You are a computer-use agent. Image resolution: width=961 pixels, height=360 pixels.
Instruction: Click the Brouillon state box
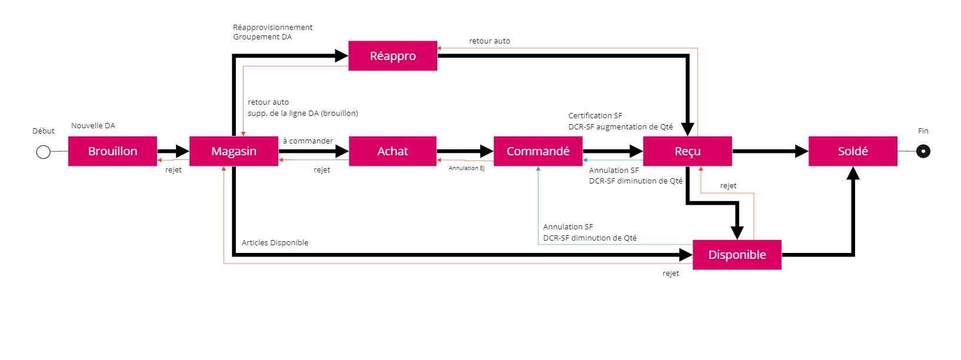coord(112,151)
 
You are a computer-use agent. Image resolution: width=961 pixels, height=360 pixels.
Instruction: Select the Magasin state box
coord(234,151)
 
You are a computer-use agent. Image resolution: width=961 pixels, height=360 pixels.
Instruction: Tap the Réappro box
coord(393,56)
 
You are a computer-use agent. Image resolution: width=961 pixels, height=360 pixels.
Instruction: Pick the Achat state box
coord(393,151)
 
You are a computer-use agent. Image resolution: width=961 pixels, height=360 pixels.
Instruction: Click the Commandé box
coord(538,151)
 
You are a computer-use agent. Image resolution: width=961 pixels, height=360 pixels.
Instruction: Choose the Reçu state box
coord(687,151)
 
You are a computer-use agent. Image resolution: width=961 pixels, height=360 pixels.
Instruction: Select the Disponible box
coord(737,255)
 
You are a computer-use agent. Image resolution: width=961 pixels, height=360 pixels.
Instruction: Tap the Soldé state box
coord(853,151)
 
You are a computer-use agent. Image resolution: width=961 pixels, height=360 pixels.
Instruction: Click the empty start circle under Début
coord(43,152)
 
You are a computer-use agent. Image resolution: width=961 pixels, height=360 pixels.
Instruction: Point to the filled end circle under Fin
coord(923,152)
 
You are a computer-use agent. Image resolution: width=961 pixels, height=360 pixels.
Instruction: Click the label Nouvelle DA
coord(93,126)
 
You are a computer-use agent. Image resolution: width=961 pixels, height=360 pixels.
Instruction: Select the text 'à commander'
coord(308,141)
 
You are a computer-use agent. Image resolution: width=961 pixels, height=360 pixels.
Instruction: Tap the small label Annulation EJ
coord(466,168)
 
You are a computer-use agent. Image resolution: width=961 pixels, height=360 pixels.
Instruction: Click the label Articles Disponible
coord(275,243)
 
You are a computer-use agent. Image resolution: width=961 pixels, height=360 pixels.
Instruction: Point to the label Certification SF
coord(595,116)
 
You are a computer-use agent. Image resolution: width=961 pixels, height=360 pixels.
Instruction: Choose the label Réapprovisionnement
coord(272,28)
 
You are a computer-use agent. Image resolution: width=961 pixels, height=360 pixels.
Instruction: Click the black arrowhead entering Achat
coord(342,151)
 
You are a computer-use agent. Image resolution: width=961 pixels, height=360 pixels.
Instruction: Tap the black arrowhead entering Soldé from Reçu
coord(802,151)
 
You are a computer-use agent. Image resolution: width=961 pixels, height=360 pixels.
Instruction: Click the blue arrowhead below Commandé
coord(538,169)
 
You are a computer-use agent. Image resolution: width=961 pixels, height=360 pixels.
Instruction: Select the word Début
coord(44,131)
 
